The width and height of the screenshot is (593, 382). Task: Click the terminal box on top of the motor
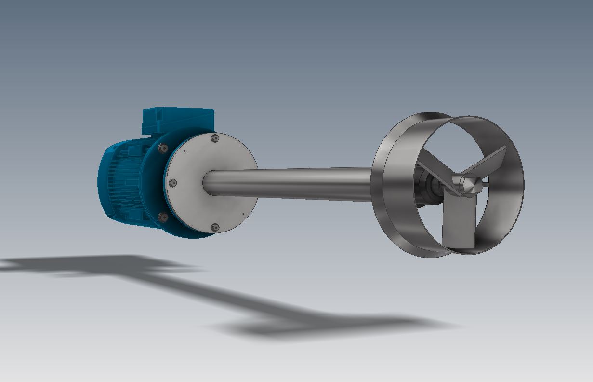tap(177, 120)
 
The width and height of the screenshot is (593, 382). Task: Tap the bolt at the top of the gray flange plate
tap(215, 139)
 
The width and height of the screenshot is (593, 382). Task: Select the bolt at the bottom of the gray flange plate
tap(215, 227)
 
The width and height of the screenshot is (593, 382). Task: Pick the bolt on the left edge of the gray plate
tap(173, 183)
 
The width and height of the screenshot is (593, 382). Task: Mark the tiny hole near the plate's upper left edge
tap(184, 151)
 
